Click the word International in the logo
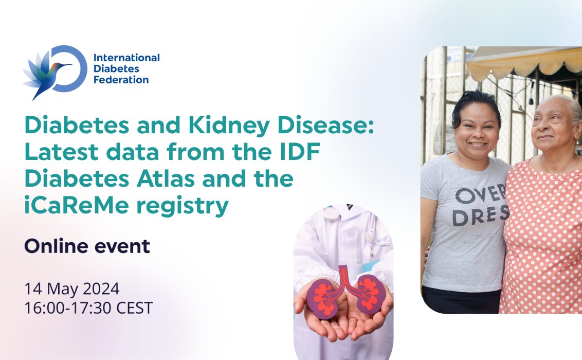click(x=126, y=58)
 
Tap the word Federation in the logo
click(x=121, y=80)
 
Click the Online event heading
click(x=87, y=247)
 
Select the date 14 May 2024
click(x=72, y=289)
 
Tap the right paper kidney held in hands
click(x=369, y=292)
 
